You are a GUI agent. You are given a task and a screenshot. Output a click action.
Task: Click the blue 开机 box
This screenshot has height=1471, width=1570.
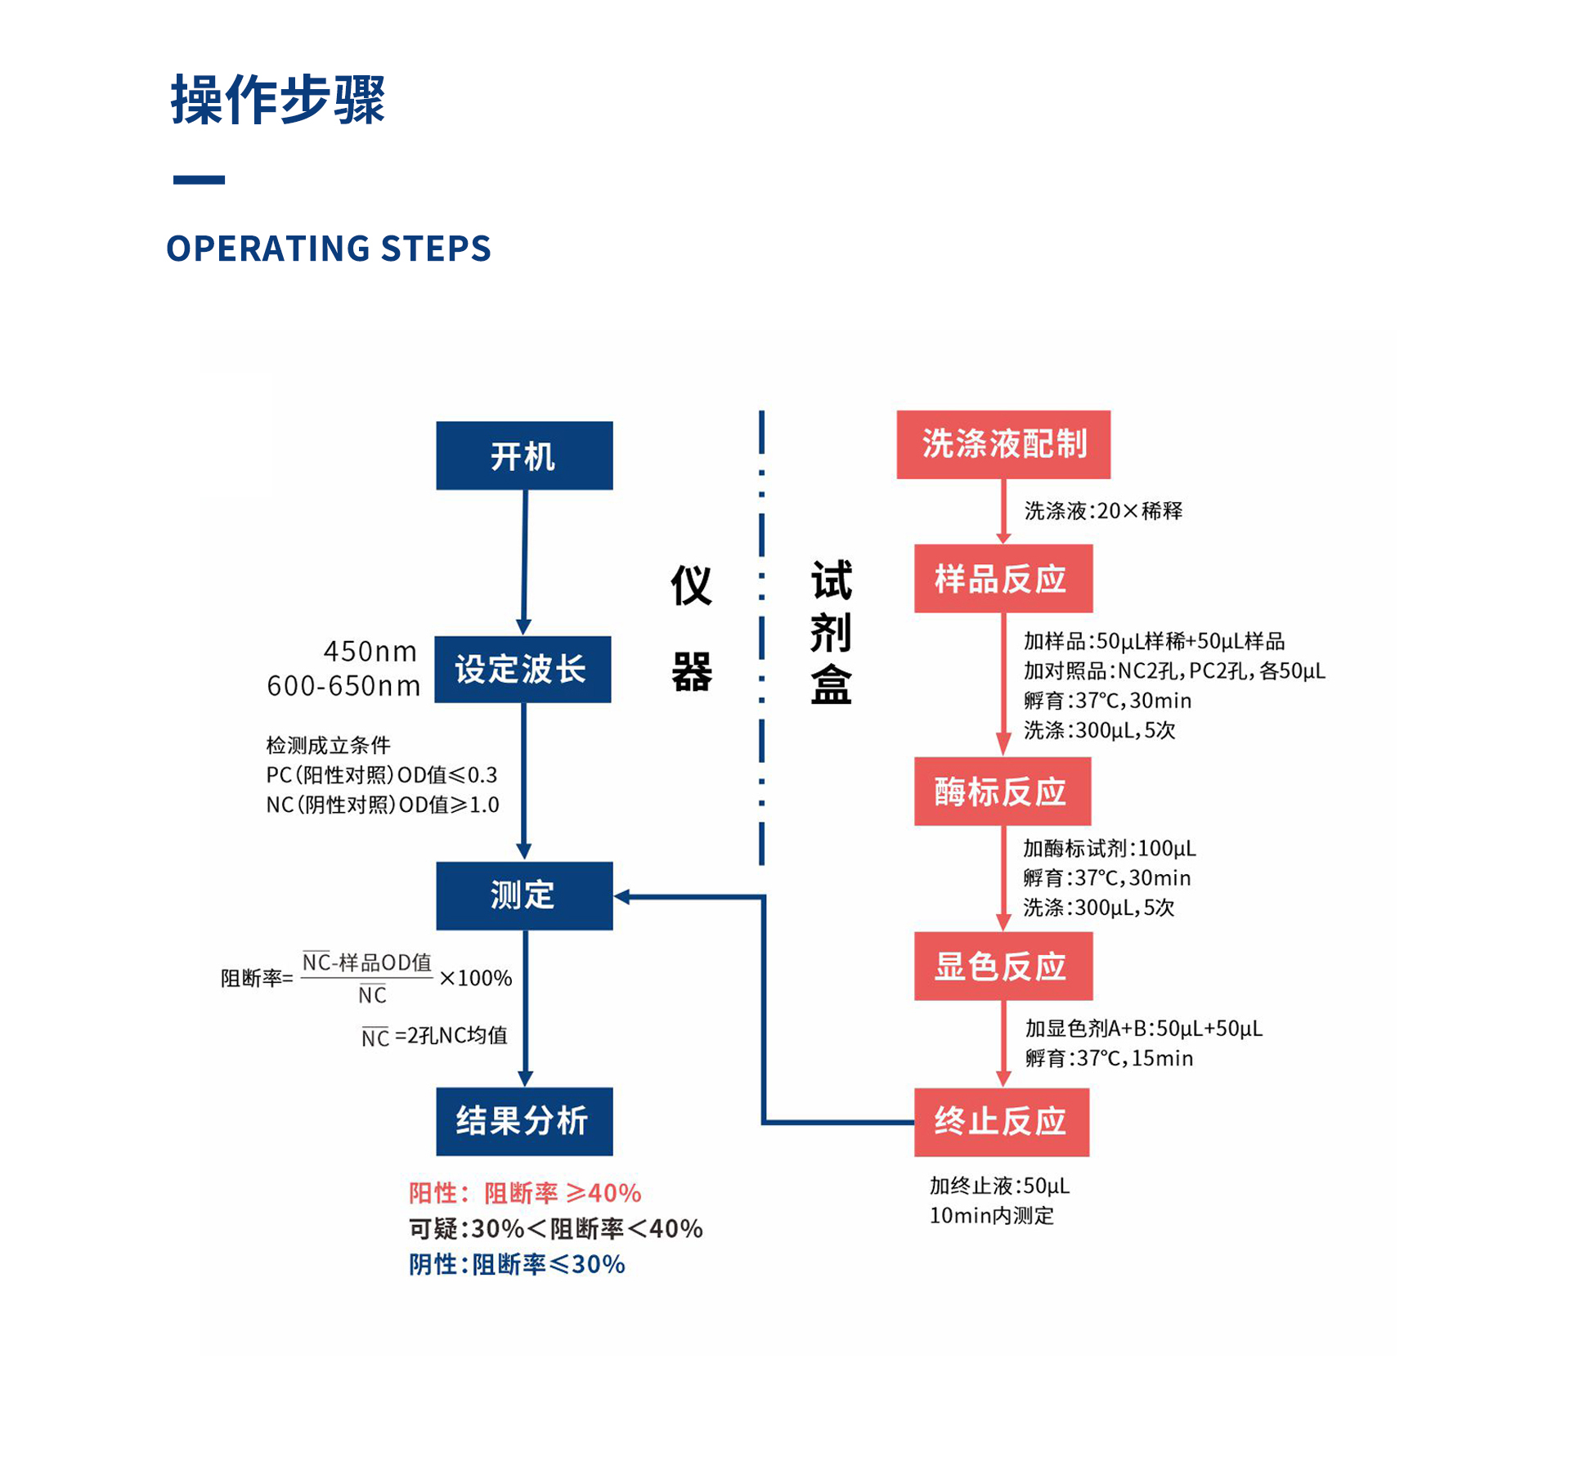pos(524,455)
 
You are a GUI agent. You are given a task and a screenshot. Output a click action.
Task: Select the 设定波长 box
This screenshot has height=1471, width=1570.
pos(523,669)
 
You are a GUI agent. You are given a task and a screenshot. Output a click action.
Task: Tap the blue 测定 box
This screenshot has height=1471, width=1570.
pos(524,895)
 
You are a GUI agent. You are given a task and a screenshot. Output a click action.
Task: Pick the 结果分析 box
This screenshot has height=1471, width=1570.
pos(524,1121)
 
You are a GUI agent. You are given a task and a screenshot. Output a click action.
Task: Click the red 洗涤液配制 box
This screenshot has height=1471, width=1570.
pos(1003,444)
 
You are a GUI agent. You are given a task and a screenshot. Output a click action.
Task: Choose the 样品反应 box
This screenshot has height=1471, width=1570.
pos(1003,578)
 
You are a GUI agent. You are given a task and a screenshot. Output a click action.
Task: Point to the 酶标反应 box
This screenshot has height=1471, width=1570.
pos(1003,791)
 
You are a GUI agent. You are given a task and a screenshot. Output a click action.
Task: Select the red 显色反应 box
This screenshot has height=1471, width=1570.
pos(1003,966)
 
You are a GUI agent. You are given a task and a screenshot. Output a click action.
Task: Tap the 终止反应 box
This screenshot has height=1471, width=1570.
pos(1002,1121)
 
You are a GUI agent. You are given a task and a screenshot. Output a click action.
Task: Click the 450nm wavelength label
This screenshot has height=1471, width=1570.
pos(370,651)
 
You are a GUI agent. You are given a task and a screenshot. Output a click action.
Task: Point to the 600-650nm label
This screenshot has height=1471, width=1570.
pos(343,685)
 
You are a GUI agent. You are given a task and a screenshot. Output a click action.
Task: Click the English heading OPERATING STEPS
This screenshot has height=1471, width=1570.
pos(329,248)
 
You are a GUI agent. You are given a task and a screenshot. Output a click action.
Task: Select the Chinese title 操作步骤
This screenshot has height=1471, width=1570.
pos(278,100)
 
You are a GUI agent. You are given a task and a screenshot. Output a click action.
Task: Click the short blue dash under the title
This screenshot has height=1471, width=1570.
pos(199,180)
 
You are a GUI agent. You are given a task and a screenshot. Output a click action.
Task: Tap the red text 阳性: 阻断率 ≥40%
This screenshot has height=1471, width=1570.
pos(525,1193)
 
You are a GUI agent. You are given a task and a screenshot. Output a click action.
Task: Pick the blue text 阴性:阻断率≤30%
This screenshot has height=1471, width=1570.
pos(517,1264)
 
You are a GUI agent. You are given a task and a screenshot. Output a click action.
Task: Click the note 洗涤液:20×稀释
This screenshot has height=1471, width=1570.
pos(1103,511)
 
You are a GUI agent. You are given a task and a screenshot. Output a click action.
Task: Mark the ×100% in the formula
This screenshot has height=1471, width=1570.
pos(476,978)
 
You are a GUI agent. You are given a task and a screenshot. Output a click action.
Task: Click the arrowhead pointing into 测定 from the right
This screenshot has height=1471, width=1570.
pos(622,897)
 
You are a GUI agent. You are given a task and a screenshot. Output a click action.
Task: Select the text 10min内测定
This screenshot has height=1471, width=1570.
pos(991,1216)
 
